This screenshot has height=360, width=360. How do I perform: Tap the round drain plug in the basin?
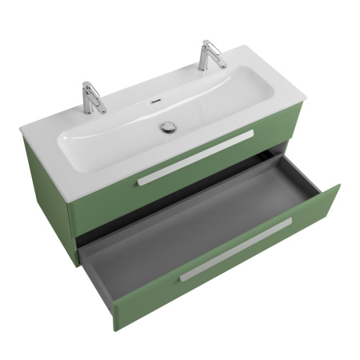tap(169, 126)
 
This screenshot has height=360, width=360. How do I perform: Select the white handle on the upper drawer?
tap(195, 157)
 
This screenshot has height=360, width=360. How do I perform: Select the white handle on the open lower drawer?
tap(235, 250)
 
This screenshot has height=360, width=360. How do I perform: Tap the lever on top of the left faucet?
tap(89, 84)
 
